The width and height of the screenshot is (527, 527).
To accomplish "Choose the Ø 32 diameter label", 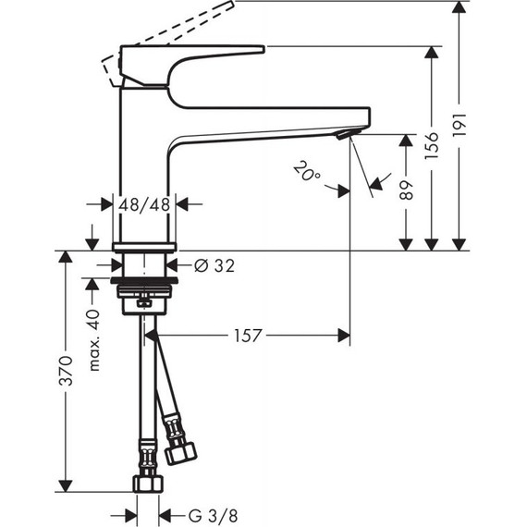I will (x=214, y=266).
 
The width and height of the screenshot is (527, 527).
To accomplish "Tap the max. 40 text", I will (x=93, y=339).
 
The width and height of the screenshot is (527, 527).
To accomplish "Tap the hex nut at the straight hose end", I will (x=149, y=484).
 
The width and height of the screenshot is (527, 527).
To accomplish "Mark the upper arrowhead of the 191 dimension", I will (x=460, y=9).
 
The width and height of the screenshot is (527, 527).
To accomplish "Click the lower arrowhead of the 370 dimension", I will (x=64, y=485).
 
